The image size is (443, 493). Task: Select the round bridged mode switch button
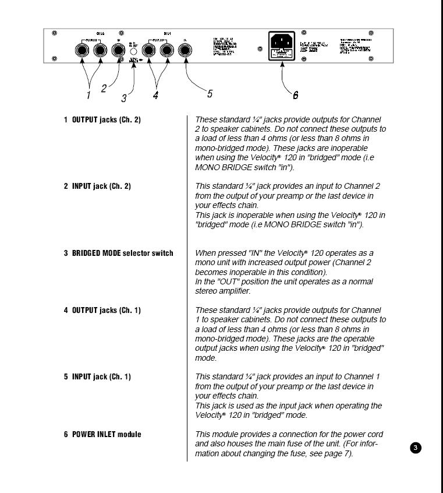tap(133, 51)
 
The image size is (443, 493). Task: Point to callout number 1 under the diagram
tap(88, 93)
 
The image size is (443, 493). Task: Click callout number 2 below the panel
tap(104, 89)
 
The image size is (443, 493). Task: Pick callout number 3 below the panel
tap(124, 98)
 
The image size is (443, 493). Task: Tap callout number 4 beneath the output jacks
tap(155, 96)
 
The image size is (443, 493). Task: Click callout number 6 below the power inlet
tap(296, 94)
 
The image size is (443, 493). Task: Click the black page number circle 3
tap(416, 448)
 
